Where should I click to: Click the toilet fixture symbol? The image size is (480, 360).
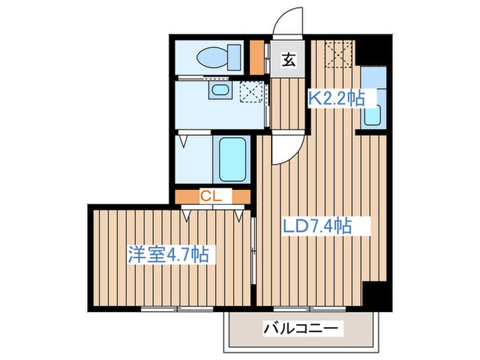pos(216,58)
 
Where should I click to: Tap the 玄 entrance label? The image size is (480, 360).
pos(289,61)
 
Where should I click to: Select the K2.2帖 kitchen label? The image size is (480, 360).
pos(335,98)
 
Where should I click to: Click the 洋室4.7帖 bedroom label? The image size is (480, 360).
pos(168,254)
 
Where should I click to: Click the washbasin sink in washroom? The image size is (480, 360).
pos(219,91)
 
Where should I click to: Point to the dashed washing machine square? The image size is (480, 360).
pos(252,91)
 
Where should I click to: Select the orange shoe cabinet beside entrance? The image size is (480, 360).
pos(256,59)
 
